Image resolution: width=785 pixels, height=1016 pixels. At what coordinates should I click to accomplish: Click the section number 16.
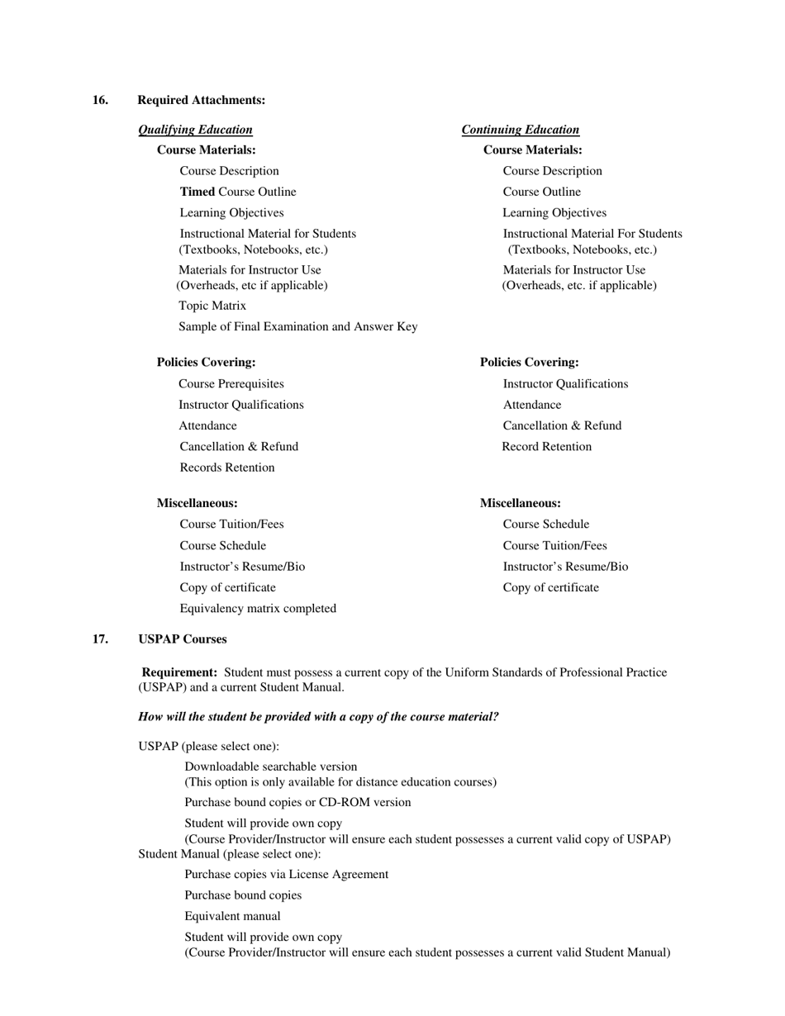[x=100, y=100]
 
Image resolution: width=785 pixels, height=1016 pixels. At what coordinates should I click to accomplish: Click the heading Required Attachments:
[x=201, y=100]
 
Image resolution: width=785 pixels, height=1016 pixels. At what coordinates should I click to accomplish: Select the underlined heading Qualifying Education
[x=195, y=130]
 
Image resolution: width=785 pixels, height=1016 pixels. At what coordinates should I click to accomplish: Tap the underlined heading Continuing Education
[x=520, y=130]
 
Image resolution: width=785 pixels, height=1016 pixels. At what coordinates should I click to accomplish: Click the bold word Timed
[x=197, y=192]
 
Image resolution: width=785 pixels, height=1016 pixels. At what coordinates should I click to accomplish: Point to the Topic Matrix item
[x=212, y=306]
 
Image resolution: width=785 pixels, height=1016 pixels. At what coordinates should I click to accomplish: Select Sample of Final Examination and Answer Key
[x=297, y=326]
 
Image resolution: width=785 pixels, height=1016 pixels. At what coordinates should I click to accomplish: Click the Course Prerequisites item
[x=231, y=384]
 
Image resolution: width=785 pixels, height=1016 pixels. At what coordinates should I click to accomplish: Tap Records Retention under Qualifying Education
[x=227, y=468]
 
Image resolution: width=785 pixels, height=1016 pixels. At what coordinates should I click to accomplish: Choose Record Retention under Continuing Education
[x=547, y=447]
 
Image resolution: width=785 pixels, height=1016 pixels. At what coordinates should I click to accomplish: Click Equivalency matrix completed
[x=258, y=609]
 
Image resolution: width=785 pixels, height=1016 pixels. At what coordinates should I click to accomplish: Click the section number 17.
[x=100, y=639]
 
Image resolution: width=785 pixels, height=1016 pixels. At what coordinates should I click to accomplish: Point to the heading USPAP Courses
[x=182, y=639]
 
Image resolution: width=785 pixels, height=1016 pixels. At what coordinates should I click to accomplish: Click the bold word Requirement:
[x=179, y=672]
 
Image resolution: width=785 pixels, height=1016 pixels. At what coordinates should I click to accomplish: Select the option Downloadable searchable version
[x=271, y=767]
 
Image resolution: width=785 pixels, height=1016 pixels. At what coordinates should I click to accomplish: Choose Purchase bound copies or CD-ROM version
[x=297, y=802]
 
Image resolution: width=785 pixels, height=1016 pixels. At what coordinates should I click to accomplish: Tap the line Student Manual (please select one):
[x=229, y=854]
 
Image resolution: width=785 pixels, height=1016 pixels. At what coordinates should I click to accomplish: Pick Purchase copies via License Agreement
[x=286, y=874]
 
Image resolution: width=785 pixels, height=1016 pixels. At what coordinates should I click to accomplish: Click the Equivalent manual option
[x=232, y=916]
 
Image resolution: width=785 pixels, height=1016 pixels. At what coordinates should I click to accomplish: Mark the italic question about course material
[x=318, y=717]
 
